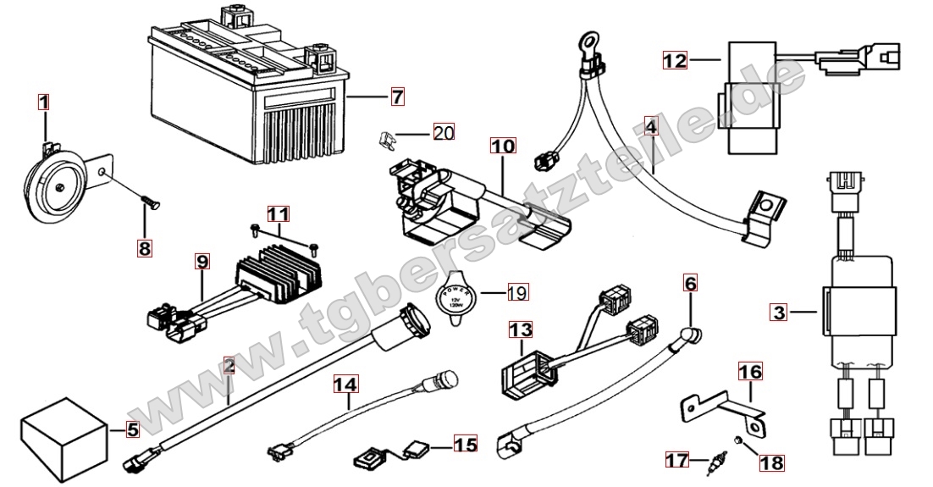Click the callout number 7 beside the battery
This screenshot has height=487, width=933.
[x=397, y=97]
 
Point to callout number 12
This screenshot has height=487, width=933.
[x=675, y=60]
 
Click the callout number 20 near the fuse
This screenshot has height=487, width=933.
[x=444, y=132]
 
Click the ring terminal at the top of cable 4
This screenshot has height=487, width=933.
[x=585, y=39]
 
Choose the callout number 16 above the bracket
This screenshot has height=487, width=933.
[x=750, y=371]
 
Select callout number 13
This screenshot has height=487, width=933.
[x=521, y=328]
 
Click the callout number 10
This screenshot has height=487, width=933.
[x=502, y=147]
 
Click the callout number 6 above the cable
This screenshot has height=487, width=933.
[x=691, y=283]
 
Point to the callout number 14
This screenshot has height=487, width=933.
[x=345, y=384]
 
